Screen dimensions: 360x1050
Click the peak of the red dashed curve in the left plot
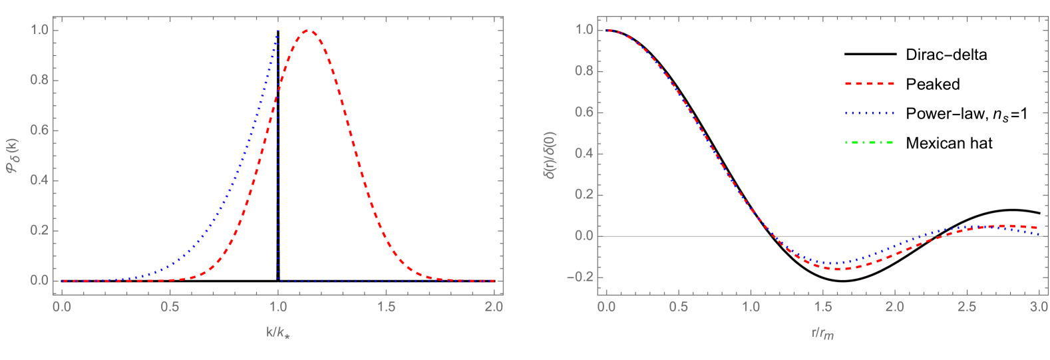(307, 31)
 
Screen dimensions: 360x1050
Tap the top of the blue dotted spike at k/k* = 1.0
(277, 31)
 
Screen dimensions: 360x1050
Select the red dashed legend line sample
(869, 84)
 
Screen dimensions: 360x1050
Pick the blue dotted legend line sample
(869, 113)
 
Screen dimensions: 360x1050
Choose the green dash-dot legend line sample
(869, 142)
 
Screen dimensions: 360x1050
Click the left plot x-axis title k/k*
(278, 331)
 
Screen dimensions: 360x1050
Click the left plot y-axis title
(15, 155)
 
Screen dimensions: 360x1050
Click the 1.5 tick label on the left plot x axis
(386, 307)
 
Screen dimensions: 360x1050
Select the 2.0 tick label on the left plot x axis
(494, 307)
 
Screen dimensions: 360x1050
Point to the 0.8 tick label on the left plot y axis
(41, 81)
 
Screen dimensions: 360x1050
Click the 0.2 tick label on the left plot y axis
(41, 231)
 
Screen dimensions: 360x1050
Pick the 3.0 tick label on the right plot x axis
(1039, 307)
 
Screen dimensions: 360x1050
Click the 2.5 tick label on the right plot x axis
(967, 307)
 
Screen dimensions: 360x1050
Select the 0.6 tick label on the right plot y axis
(585, 113)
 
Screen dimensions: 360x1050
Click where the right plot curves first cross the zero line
(774, 236)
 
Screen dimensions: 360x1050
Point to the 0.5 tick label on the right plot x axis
(678, 307)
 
